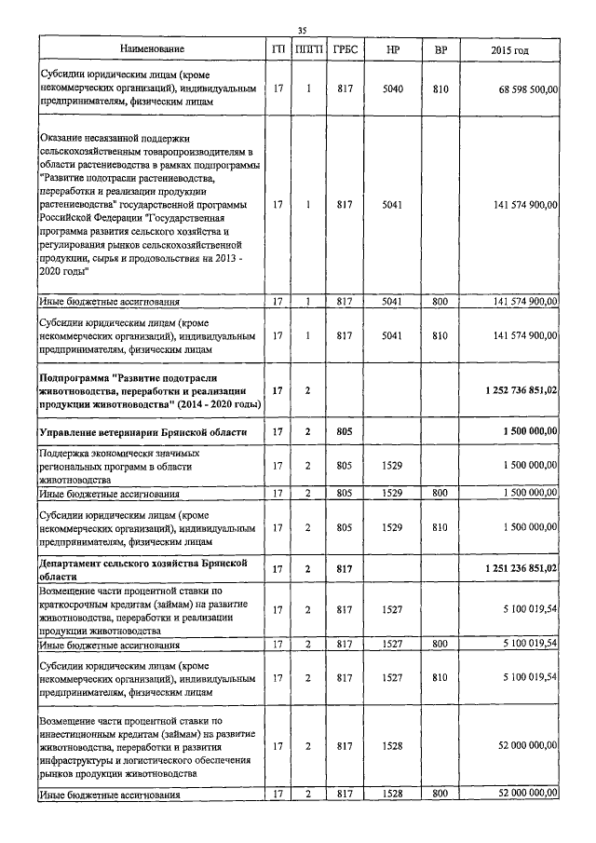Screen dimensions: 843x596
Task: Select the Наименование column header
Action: click(152, 49)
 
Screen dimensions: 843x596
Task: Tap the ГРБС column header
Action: click(345, 49)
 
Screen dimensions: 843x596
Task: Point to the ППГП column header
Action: click(308, 49)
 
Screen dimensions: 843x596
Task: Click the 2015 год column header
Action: click(508, 49)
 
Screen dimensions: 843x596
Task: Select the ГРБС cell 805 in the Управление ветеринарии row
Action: click(345, 432)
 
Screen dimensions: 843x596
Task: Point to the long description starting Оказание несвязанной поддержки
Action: click(149, 205)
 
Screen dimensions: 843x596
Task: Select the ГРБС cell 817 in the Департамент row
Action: click(345, 567)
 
